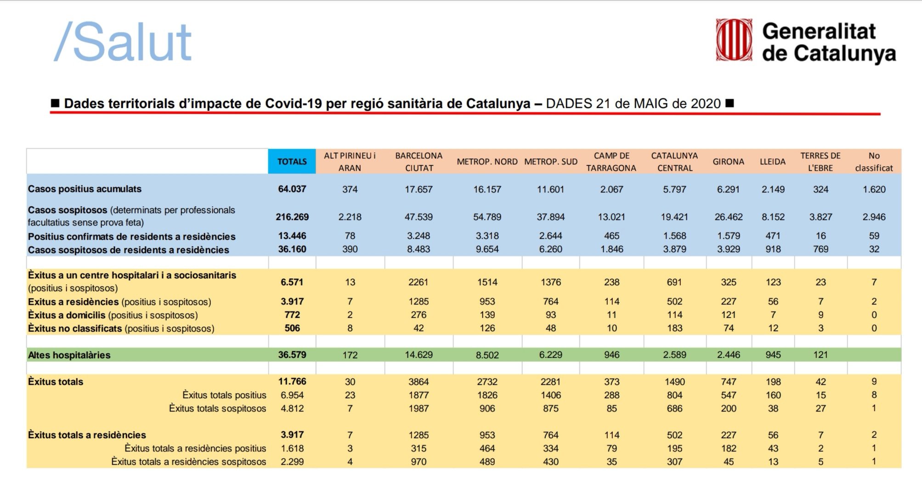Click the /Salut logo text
pos(123,42)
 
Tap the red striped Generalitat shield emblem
pos(734,40)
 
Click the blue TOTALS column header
pos(292,162)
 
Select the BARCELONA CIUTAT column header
pos(419,162)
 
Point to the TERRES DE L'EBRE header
pos(820,162)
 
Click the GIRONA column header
pos(728,162)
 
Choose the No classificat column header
pos(874,162)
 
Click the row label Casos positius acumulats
pos(85,189)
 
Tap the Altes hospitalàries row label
pos(69,355)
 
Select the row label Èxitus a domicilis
pos(67,315)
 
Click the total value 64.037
pos(292,189)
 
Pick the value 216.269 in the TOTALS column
pos(292,217)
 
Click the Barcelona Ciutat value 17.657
pos(419,189)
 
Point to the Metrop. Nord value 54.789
pos(487,217)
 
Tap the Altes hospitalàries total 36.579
pos(292,355)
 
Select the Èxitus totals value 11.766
pos(292,381)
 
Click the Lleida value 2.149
pos(773,189)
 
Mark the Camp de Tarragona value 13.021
pos(611,217)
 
